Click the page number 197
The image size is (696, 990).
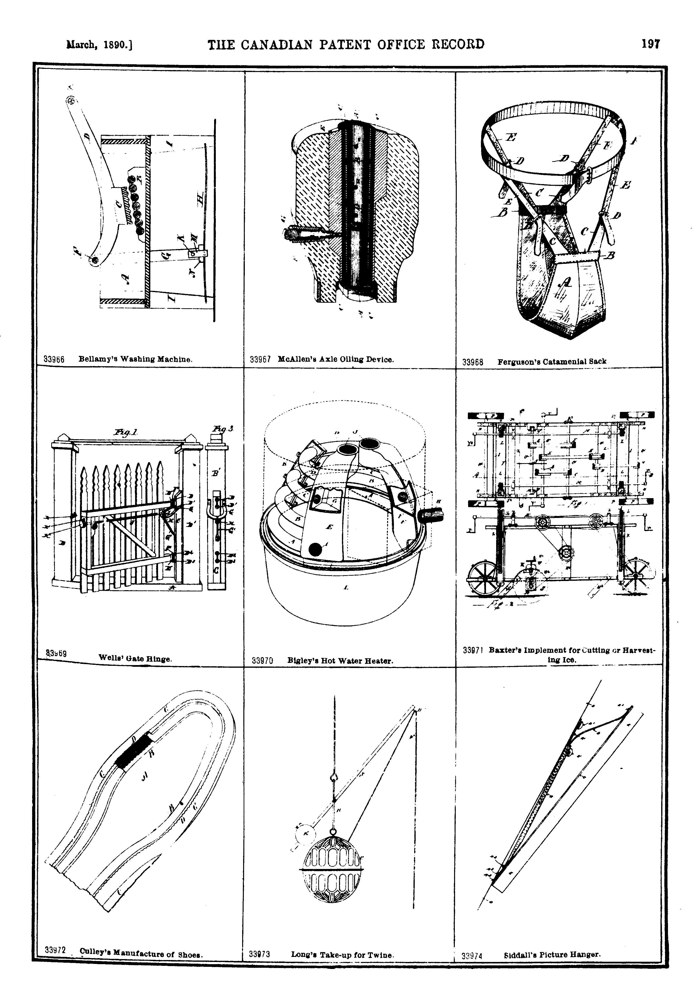[x=650, y=44]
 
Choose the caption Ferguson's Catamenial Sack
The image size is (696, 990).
[x=551, y=361]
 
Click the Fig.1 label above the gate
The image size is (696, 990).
[x=125, y=432]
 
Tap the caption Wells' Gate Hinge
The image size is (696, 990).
[x=135, y=658]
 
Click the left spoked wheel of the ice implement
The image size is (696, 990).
[x=484, y=579]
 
